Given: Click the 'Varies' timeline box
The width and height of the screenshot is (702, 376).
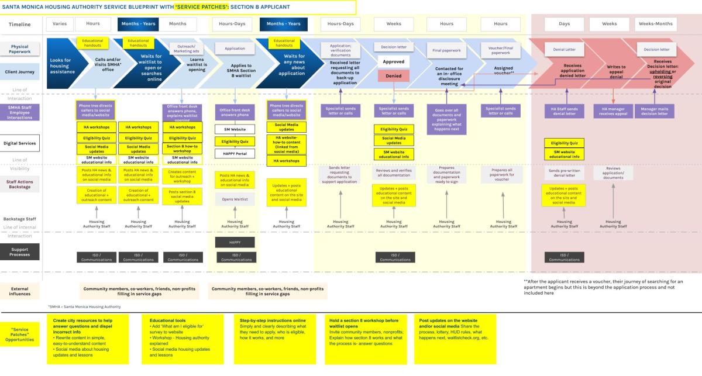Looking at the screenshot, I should (x=58, y=24).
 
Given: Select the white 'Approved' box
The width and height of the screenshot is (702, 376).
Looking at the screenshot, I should (x=394, y=61).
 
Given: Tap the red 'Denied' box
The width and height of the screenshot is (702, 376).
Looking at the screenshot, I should (x=394, y=76).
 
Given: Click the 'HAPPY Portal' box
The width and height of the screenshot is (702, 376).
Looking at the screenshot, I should (x=234, y=153).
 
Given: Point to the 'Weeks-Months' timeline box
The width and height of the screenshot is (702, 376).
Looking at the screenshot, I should (x=655, y=24).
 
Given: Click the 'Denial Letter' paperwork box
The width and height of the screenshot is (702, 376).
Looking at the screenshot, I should (x=564, y=50).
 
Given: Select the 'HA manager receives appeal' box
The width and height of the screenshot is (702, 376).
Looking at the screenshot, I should (x=613, y=111).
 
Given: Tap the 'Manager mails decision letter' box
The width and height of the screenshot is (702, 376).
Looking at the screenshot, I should (x=655, y=111).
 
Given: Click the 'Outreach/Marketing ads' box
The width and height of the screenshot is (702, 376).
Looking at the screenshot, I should (x=182, y=47).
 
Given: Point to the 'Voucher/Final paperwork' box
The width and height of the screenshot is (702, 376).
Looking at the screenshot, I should (x=500, y=49).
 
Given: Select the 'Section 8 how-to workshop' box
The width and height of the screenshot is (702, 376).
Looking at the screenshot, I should (x=182, y=149).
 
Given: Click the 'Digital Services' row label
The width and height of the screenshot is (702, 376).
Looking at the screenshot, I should (x=20, y=143).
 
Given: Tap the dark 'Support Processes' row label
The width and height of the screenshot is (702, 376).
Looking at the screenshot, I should (x=20, y=251).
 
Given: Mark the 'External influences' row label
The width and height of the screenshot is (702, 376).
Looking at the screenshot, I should (x=20, y=291).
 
